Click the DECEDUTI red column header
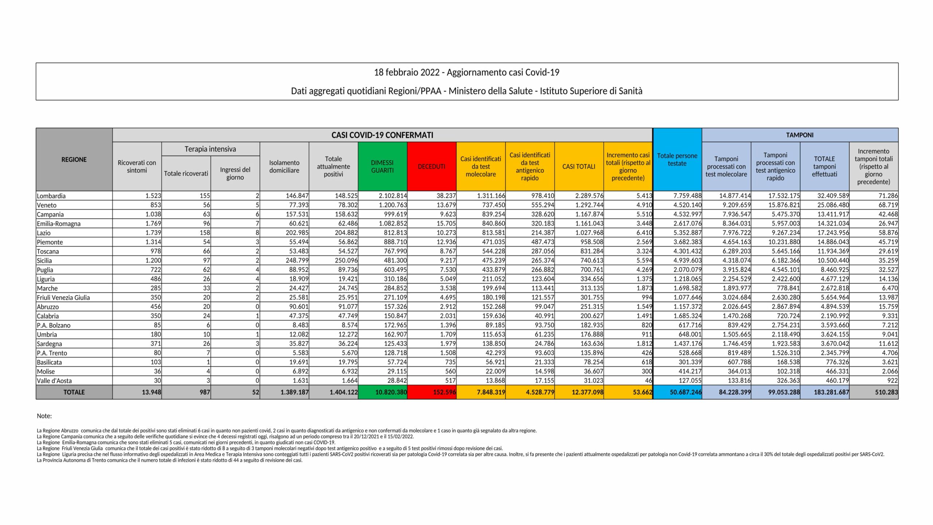coord(432,167)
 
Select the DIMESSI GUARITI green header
coord(382,167)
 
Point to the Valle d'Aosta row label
coord(54,381)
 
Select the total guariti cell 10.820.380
coord(391,392)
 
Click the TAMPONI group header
coord(800,135)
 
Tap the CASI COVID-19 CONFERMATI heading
coord(382,135)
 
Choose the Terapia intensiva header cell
coord(210,149)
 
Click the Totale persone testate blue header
coord(677,160)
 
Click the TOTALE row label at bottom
coord(74,392)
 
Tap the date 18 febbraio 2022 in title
coord(407,72)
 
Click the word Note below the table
coord(44,416)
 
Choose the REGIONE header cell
coord(74,160)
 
